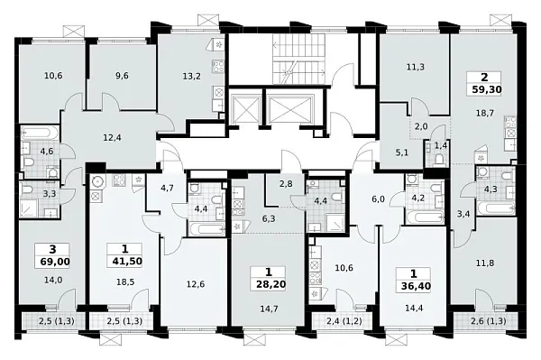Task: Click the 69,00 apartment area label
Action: (x=55, y=262)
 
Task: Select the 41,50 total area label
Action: (x=127, y=262)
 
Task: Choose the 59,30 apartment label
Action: (x=487, y=89)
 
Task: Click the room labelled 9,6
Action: (x=122, y=76)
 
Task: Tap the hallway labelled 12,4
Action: (x=112, y=138)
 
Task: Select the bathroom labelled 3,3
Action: (x=40, y=199)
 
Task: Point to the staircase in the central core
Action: (x=298, y=59)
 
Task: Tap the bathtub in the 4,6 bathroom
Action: (x=40, y=133)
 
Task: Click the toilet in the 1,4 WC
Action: (x=440, y=160)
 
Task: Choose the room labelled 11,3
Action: (x=415, y=68)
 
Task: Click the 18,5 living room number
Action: (x=125, y=282)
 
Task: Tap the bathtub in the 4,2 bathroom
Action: (x=425, y=217)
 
